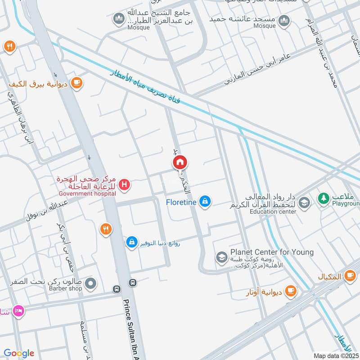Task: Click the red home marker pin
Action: [180, 162]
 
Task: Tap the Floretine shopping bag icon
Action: [205, 201]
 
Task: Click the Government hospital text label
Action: [87, 193]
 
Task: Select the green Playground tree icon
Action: [323, 198]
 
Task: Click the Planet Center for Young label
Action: [272, 252]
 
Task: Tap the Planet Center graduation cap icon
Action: [221, 257]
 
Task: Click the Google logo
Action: [18, 353]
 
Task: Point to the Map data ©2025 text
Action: [337, 355]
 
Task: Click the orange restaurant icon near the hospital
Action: [106, 229]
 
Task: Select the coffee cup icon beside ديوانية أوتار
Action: [291, 291]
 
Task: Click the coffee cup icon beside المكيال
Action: [350, 276]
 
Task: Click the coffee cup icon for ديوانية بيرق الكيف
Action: [77, 83]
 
